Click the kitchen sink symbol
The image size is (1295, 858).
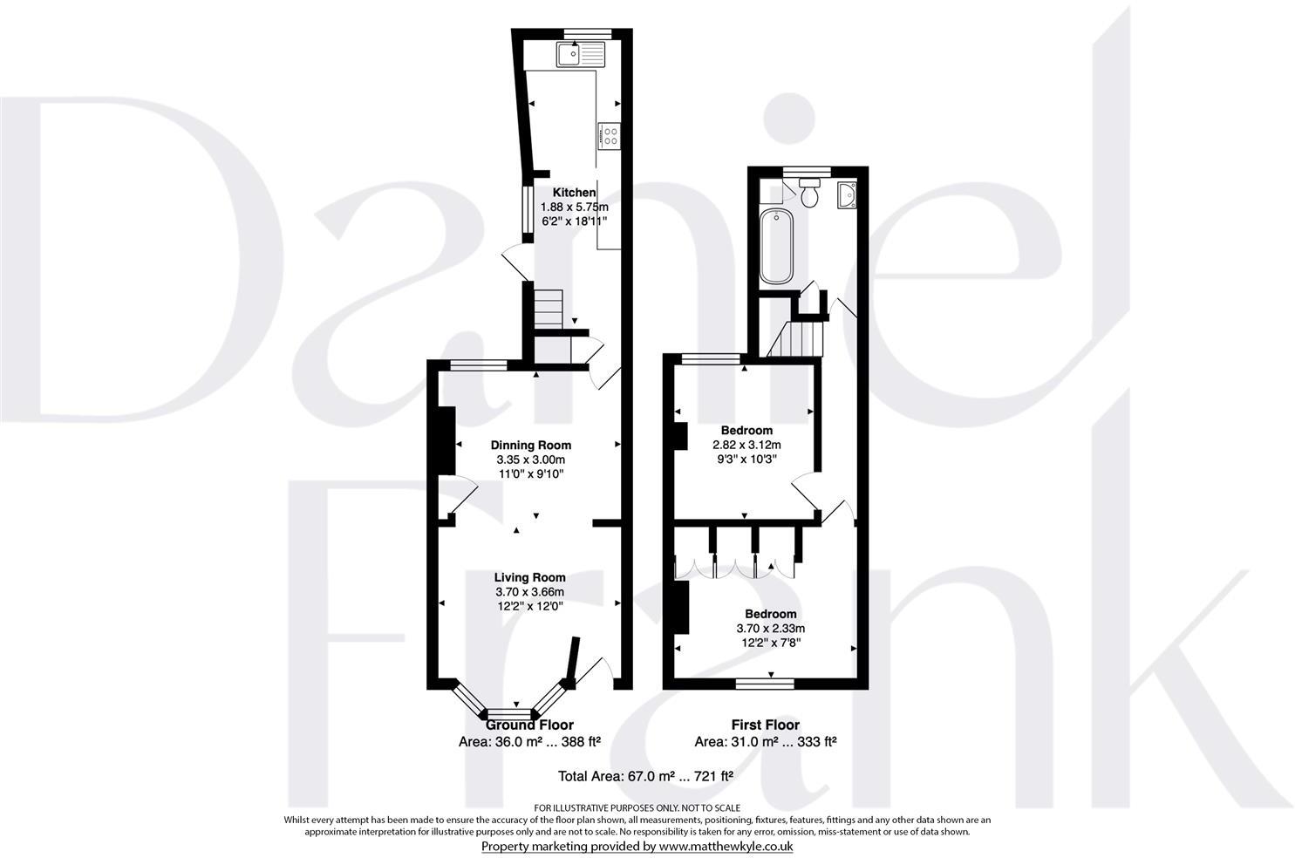pyautogui.click(x=581, y=56)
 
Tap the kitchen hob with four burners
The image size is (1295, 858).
pyautogui.click(x=609, y=136)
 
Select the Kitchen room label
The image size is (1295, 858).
pyautogui.click(x=574, y=193)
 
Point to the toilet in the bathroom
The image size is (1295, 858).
pyautogui.click(x=808, y=193)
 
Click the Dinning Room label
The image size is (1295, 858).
pyautogui.click(x=530, y=446)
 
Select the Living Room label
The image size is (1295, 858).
pyautogui.click(x=529, y=577)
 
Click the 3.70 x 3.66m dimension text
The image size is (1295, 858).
pyautogui.click(x=529, y=592)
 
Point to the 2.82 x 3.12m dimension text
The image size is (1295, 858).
pyautogui.click(x=746, y=444)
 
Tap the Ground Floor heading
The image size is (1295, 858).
pyautogui.click(x=529, y=725)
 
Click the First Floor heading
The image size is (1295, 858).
pyautogui.click(x=765, y=725)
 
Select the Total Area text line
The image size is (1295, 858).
pyautogui.click(x=645, y=775)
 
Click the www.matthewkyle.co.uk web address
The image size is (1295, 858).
pyautogui.click(x=726, y=846)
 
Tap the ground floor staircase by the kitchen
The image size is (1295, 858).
pyautogui.click(x=549, y=306)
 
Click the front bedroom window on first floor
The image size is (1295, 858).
pyautogui.click(x=765, y=684)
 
